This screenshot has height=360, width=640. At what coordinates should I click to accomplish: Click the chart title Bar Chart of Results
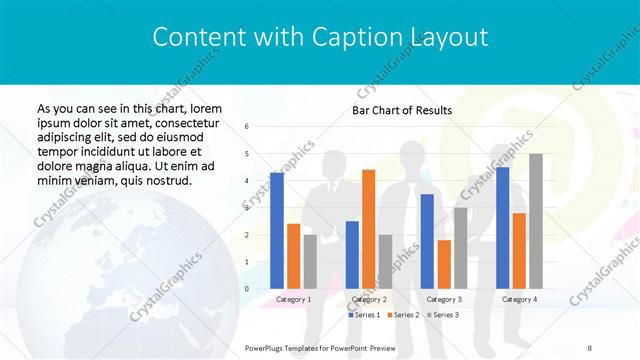coord(401,110)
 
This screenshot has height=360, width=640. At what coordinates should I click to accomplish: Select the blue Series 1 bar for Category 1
coord(277,230)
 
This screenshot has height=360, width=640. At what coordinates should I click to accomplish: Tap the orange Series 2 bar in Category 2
coord(368,229)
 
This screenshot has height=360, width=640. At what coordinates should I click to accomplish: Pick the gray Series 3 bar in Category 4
coord(536,221)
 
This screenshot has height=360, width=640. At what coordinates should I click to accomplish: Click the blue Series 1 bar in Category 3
coord(427,241)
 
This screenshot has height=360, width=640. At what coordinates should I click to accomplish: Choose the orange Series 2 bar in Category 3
coord(444,264)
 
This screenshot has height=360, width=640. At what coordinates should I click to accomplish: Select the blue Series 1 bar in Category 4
coord(502,227)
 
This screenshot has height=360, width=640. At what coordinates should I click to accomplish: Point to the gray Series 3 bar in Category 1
coord(310,261)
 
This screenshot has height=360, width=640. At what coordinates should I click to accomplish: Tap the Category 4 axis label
coord(519,299)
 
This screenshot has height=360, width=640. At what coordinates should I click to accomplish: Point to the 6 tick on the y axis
coord(247,127)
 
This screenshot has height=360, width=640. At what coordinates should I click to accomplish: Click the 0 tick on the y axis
coord(247,288)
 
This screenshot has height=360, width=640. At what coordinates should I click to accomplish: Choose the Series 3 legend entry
coord(443,315)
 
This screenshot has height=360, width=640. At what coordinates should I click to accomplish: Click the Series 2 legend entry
coord(405,315)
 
